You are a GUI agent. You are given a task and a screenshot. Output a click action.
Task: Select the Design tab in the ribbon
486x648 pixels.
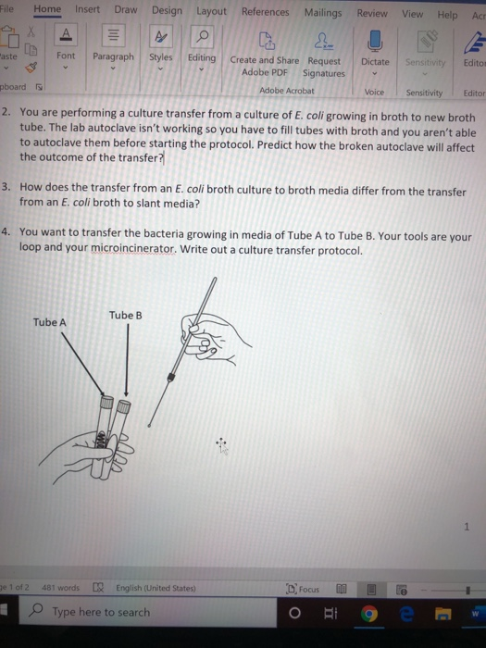pyautogui.click(x=167, y=11)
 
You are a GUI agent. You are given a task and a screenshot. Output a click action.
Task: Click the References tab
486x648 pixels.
pyautogui.click(x=265, y=12)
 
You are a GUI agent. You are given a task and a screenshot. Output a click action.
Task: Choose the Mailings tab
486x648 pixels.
pyautogui.click(x=322, y=13)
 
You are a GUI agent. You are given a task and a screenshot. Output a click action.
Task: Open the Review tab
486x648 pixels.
pyautogui.click(x=372, y=14)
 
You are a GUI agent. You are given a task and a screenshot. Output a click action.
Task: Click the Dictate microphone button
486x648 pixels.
pyautogui.click(x=375, y=45)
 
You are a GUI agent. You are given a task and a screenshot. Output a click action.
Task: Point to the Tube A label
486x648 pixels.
pyautogui.click(x=50, y=322)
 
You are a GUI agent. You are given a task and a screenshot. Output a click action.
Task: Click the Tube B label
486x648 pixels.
pyautogui.click(x=125, y=315)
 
